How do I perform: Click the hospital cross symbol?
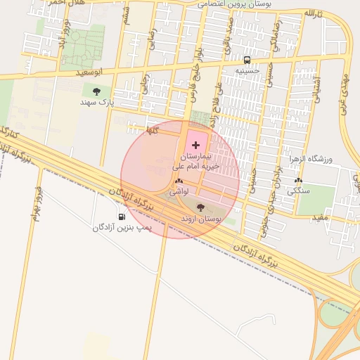[195, 144]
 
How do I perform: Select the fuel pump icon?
[122, 217]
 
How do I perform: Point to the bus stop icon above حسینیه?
[247, 60]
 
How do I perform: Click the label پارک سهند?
[96, 102]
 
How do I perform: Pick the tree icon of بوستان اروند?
[201, 207]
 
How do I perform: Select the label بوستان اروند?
[201, 219]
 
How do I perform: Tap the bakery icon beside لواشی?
[176, 182]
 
